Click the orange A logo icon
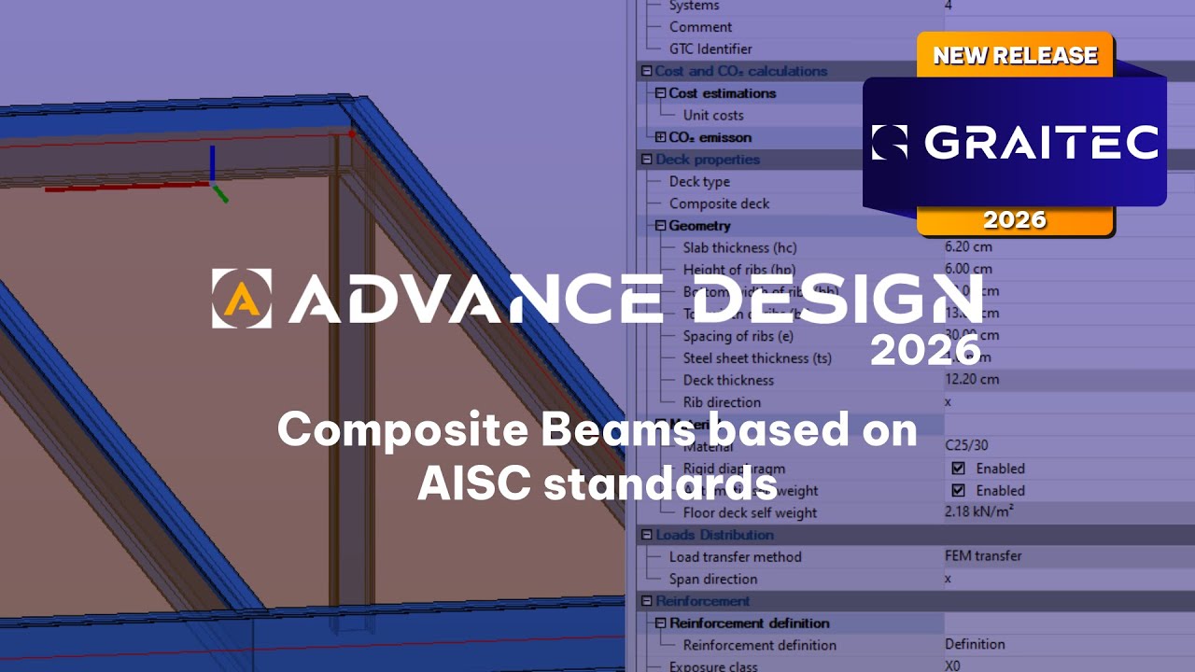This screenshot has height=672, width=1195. [x=242, y=299]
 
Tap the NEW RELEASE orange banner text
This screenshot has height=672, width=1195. [x=1015, y=56]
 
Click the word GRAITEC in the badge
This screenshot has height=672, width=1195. [x=1041, y=143]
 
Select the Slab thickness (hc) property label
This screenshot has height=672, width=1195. [x=739, y=247]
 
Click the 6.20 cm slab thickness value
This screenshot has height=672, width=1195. [x=968, y=247]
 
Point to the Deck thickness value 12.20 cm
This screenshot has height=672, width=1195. [x=971, y=380]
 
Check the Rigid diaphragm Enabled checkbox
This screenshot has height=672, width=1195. [x=958, y=469]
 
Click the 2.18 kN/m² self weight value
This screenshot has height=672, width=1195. [x=977, y=512]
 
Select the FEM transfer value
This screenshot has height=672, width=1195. [x=983, y=556]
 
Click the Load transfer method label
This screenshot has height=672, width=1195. [x=735, y=557]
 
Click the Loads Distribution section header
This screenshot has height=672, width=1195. [x=714, y=535]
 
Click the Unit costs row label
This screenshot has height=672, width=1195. [x=713, y=116]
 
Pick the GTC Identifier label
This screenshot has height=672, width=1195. [x=710, y=49]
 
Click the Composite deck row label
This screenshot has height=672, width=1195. [x=719, y=203]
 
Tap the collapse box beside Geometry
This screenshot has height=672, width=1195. [x=660, y=226]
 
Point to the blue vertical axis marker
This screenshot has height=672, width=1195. [x=213, y=162]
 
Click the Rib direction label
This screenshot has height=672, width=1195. [x=722, y=402]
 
